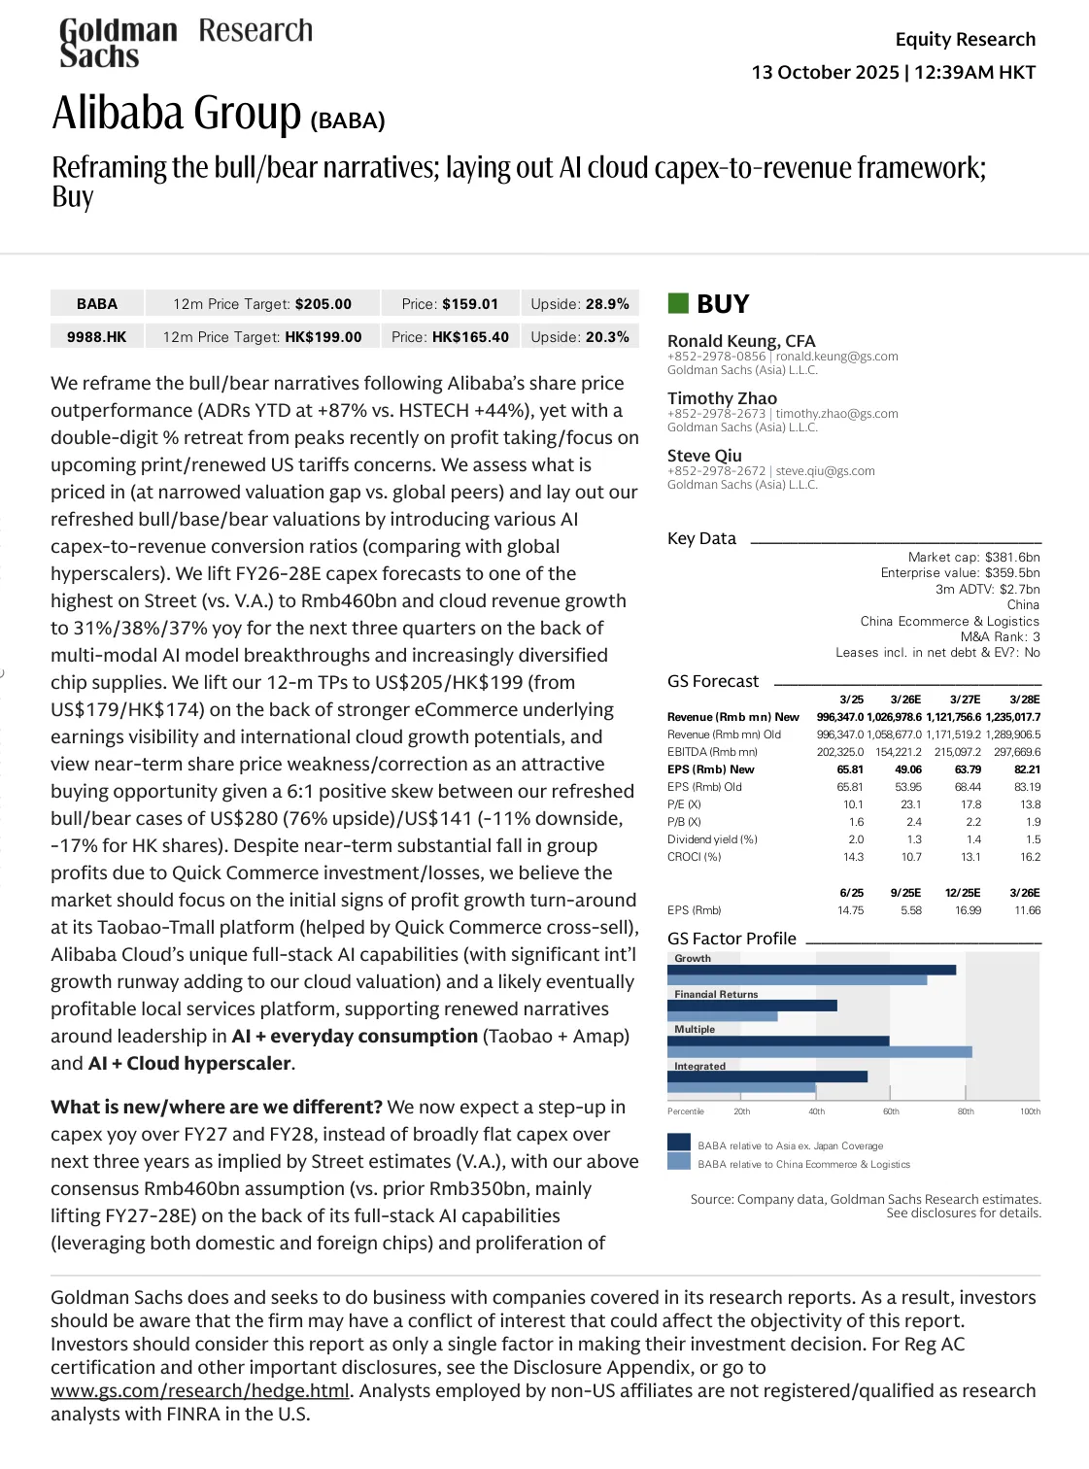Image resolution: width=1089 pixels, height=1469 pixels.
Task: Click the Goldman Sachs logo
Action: pos(118,44)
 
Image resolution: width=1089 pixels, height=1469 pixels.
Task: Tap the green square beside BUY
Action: pos(678,303)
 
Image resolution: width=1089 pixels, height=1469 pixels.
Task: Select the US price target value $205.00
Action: pos(323,304)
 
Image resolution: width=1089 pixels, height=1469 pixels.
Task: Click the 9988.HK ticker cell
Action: pos(97,337)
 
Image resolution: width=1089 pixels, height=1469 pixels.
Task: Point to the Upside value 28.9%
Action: pos(607,304)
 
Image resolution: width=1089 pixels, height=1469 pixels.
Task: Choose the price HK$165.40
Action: pos(470,337)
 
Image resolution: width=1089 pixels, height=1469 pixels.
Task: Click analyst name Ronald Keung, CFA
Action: pos(741,341)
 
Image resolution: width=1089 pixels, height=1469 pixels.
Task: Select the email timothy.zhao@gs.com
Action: pos(836,414)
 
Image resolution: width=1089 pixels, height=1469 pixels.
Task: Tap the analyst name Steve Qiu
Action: pos(704,456)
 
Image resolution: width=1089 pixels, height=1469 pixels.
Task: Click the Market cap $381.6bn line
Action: pos(973,557)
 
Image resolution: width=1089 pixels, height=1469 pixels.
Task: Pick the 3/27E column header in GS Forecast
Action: pos(965,700)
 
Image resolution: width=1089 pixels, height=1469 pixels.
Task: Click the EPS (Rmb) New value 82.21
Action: pos(1027,769)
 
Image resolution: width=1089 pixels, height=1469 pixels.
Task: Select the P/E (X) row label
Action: pos(684,804)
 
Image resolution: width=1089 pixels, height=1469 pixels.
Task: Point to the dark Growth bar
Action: pos(811,970)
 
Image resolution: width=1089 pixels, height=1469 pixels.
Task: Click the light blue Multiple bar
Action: pos(819,1052)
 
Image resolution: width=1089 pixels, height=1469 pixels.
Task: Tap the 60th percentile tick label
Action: pos(891,1111)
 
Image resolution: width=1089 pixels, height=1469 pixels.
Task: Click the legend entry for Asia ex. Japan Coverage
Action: pos(790,1146)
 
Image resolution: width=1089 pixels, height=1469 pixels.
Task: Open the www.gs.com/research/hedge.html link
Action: pos(200,1391)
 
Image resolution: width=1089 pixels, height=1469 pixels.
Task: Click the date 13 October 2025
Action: pos(825,73)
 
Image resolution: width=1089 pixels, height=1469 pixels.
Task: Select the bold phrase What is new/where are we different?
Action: pos(217,1108)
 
